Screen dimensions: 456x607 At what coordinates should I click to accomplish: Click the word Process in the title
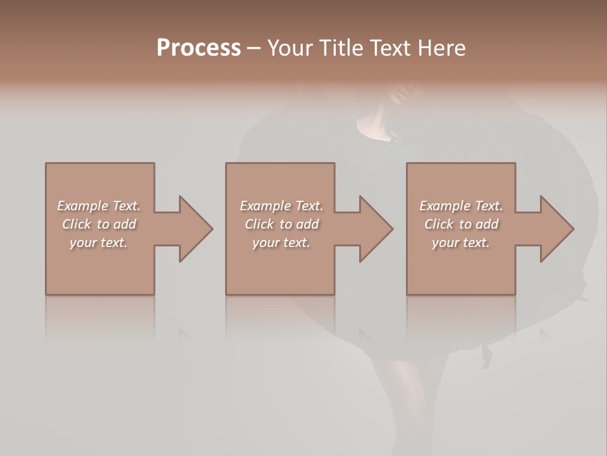click(x=199, y=48)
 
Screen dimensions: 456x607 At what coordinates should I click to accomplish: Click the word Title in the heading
click(x=343, y=48)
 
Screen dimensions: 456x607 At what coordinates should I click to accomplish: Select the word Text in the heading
click(x=391, y=48)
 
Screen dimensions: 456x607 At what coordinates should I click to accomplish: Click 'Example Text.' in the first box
click(x=99, y=206)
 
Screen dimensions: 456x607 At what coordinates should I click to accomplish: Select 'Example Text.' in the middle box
click(x=281, y=206)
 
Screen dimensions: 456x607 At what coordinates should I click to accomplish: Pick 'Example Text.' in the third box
click(x=461, y=206)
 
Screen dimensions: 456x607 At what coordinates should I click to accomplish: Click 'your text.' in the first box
click(x=99, y=243)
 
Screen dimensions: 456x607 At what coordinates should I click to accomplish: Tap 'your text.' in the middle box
click(x=281, y=243)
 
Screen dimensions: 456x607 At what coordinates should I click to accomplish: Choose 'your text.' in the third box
click(x=461, y=243)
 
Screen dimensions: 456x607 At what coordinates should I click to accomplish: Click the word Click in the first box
click(x=77, y=224)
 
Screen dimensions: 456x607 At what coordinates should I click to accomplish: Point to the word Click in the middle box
click(x=259, y=224)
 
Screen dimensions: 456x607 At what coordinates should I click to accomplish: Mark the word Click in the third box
click(x=439, y=224)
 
